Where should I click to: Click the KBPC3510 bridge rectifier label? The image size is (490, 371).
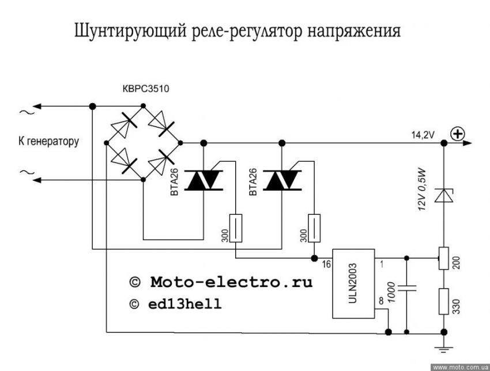(x=146, y=89)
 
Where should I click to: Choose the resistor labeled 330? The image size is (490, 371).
(x=443, y=301)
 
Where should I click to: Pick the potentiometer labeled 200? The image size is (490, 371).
(x=443, y=258)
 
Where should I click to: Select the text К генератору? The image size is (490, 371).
(x=48, y=141)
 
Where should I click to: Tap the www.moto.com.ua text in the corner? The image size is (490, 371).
(x=460, y=366)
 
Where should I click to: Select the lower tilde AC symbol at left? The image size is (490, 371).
(x=24, y=172)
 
